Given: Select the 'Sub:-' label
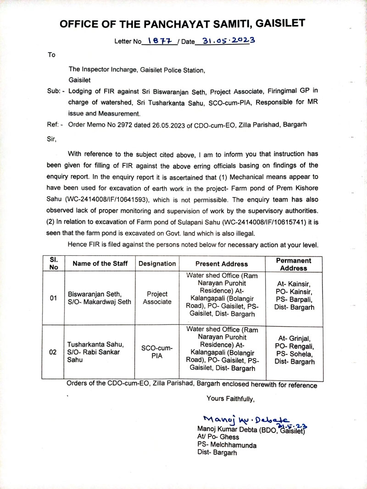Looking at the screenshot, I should [56, 91].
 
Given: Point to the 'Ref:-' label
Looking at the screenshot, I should [56, 124].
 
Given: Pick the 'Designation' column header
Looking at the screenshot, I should [157, 264].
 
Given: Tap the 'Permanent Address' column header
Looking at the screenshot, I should [293, 264].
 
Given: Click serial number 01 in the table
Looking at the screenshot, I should [53, 298].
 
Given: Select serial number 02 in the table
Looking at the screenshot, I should [53, 352].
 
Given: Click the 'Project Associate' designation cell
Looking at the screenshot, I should [157, 298].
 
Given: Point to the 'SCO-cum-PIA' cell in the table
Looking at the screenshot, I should [157, 352].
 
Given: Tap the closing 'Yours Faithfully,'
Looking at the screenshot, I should [230, 399].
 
